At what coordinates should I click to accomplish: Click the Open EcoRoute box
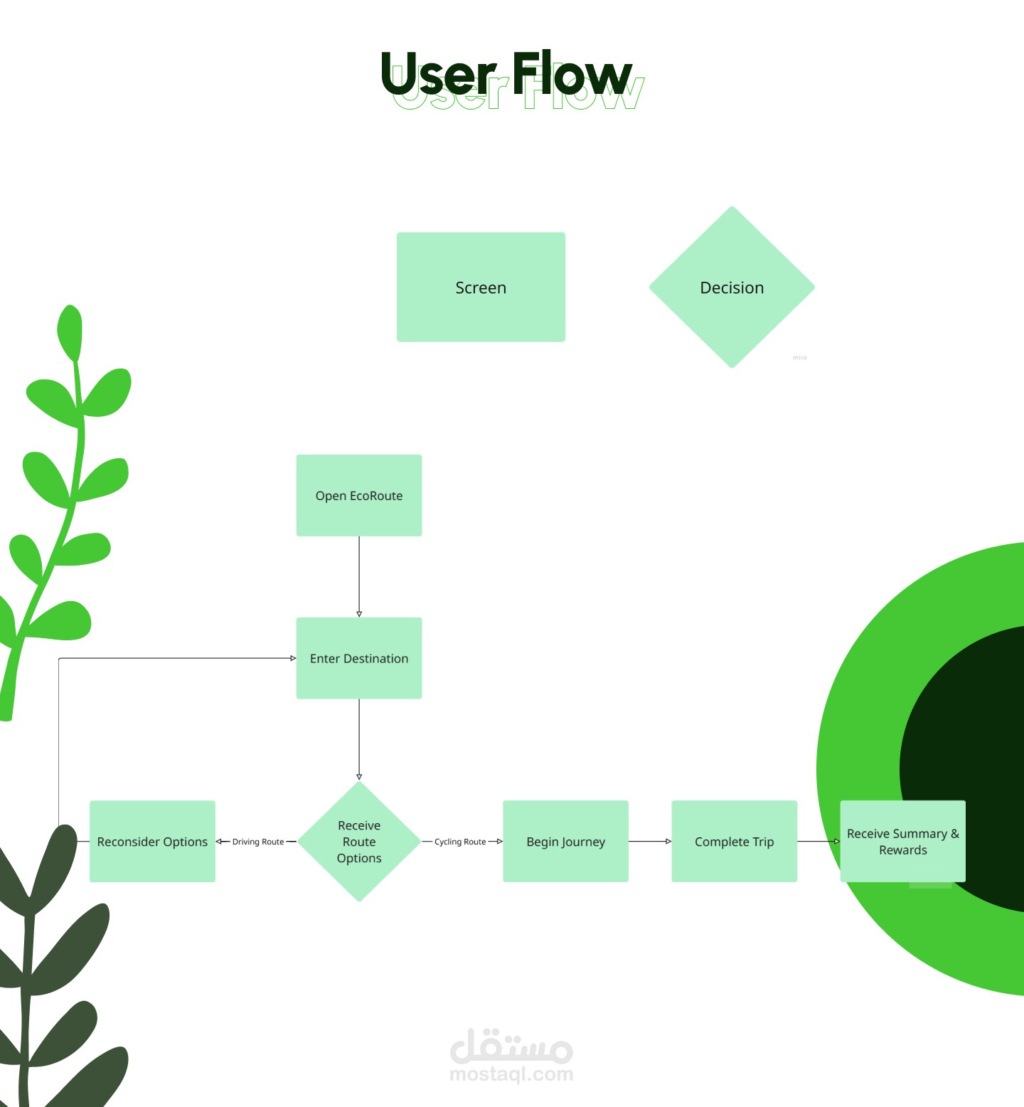click(x=359, y=495)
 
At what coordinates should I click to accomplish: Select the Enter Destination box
click(x=359, y=658)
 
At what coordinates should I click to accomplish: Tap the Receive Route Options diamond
click(x=359, y=842)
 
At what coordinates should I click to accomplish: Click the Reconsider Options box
click(x=152, y=842)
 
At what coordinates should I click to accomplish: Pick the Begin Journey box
click(x=565, y=842)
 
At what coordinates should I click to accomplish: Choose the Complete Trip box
click(x=734, y=842)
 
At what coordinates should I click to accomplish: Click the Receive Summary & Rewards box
click(x=902, y=842)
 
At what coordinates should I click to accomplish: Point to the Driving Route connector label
click(x=257, y=842)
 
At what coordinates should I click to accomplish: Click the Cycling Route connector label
click(x=460, y=842)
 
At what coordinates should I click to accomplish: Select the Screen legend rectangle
click(x=481, y=287)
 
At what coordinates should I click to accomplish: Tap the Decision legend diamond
click(x=732, y=287)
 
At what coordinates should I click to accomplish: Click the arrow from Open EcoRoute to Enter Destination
click(x=359, y=576)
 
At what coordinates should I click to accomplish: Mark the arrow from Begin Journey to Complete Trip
click(x=650, y=842)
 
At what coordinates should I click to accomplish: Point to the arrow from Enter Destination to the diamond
click(x=359, y=739)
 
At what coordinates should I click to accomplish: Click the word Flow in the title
click(x=572, y=74)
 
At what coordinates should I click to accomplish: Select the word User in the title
click(x=438, y=75)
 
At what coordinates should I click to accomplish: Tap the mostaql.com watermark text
click(x=511, y=1074)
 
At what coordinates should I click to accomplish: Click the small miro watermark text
click(x=800, y=358)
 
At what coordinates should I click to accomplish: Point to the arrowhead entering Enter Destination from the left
click(x=293, y=658)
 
